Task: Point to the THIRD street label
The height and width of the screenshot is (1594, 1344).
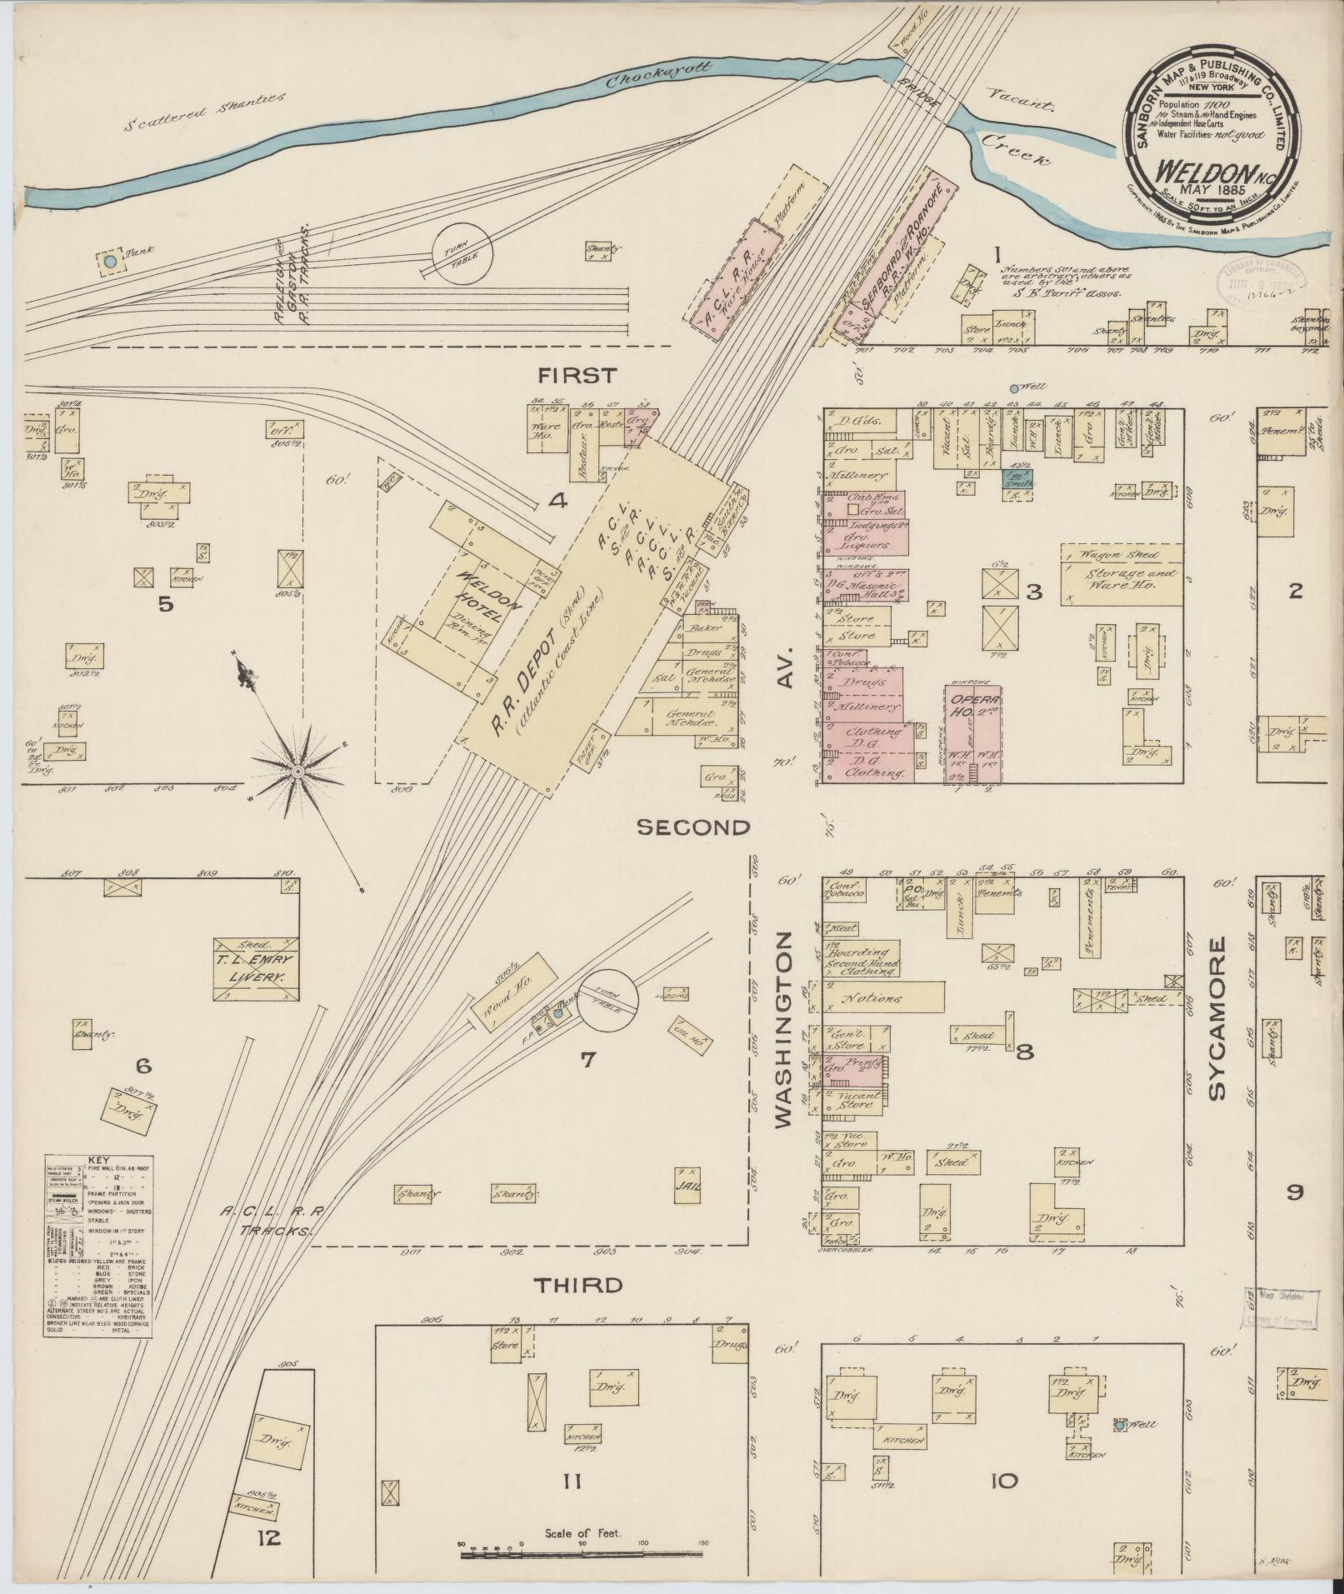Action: pos(578,1308)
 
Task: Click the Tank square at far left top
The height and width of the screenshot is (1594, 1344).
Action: pos(110,262)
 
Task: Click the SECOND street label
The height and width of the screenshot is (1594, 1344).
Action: pos(693,827)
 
